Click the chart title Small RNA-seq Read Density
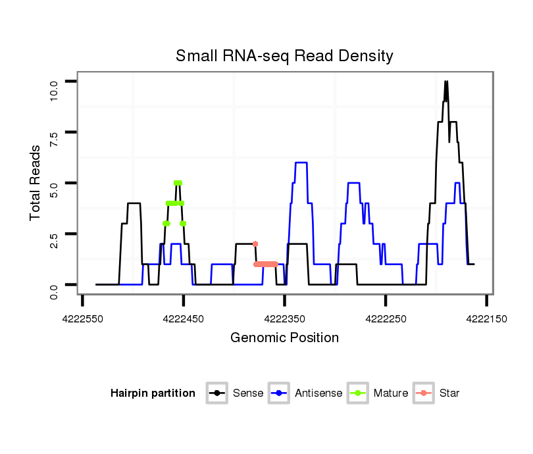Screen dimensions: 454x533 (x=284, y=56)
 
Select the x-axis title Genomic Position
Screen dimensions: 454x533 (x=284, y=338)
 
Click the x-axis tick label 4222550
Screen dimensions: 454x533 (x=82, y=318)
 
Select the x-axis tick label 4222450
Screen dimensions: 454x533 (x=184, y=318)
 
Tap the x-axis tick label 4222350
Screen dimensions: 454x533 (x=284, y=318)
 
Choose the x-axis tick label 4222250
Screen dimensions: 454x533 (x=386, y=318)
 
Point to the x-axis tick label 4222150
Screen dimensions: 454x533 (x=486, y=318)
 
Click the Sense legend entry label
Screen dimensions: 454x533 (x=248, y=393)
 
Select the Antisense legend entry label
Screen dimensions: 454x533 (x=318, y=393)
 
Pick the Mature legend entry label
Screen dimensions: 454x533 (x=391, y=393)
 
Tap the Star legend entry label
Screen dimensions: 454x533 (x=449, y=393)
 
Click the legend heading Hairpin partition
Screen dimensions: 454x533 (x=153, y=393)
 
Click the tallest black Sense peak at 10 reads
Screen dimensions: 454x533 (x=446, y=82)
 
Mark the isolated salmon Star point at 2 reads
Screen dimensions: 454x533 (x=255, y=244)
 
